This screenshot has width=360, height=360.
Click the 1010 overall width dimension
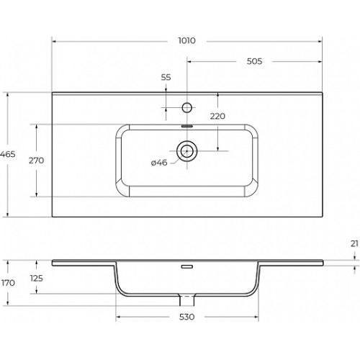point(186,40)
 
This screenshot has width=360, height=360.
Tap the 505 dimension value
point(254,61)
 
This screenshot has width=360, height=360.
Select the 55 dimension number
point(166,77)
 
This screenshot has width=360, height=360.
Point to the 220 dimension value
point(217,116)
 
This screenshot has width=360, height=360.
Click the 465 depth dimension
point(8,154)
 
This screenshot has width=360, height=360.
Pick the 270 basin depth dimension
point(37,161)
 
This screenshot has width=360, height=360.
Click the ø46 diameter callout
point(159,163)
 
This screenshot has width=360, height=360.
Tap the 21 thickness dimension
point(354,243)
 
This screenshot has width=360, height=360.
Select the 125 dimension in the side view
point(37,279)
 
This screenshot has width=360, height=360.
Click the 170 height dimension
point(8,283)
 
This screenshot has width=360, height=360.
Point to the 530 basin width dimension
point(186,317)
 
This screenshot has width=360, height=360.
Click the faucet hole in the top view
point(187,107)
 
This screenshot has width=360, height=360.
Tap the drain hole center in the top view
point(187,151)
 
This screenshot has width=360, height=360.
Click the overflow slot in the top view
point(187,126)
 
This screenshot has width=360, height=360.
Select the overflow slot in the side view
point(187,266)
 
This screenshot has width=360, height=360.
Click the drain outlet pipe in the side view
point(187,300)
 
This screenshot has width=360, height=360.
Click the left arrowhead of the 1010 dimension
point(54,42)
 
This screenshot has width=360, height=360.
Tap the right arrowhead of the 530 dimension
point(256,317)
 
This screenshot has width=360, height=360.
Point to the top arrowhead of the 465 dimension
point(8,94)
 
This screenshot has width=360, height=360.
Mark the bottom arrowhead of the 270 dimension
point(37,194)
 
